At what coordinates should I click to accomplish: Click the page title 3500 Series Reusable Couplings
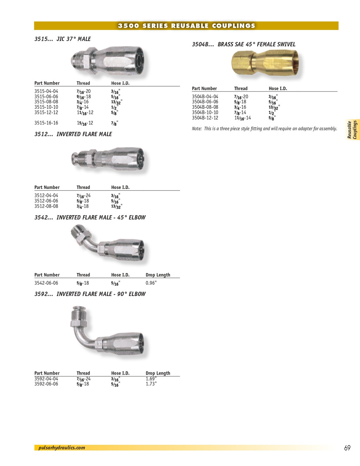(186, 26)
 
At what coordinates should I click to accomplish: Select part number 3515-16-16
(46, 123)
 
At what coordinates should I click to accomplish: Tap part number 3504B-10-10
(205, 112)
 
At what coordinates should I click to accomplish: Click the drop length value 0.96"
(151, 283)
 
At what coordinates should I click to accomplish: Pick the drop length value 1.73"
(151, 384)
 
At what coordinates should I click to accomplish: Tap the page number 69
(347, 448)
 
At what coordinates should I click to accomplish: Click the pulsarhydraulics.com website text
(62, 448)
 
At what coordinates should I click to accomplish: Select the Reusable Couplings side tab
(352, 130)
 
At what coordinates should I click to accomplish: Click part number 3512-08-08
(46, 206)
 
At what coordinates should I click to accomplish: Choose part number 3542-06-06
(46, 283)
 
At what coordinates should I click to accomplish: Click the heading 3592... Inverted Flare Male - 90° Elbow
(90, 294)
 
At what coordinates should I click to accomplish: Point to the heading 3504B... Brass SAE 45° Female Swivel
(244, 44)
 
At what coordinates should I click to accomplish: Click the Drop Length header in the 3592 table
(158, 373)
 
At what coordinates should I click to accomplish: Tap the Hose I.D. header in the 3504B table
(278, 88)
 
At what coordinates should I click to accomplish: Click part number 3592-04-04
(46, 379)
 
